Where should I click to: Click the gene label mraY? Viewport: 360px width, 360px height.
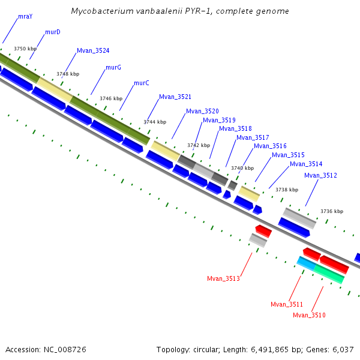pos(25,16)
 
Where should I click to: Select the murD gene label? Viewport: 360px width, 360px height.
pos(53,32)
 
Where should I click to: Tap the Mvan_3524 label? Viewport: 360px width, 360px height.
pos(93,50)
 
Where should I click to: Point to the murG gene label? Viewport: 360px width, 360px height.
pos(113,67)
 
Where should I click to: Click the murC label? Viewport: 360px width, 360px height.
pos(142,83)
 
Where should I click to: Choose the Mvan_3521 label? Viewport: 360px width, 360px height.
pos(175,97)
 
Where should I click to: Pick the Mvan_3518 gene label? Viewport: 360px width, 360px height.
pos(235,128)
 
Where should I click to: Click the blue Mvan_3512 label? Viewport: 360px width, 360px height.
pos(320,175)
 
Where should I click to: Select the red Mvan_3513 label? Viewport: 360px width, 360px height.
pos(223,278)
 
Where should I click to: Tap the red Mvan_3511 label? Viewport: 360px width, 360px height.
pos(287,304)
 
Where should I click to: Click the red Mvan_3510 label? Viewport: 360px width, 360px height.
pos(309,315)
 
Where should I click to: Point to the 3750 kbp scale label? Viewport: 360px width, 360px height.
pos(25,49)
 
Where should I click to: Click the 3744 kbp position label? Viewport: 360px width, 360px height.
pos(155,122)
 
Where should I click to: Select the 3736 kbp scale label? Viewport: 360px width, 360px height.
pos(332,211)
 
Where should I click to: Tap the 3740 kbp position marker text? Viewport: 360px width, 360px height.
pos(242,168)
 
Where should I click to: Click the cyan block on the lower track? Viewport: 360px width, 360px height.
pos(306,263)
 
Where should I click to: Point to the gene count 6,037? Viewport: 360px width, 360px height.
pos(341,349)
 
